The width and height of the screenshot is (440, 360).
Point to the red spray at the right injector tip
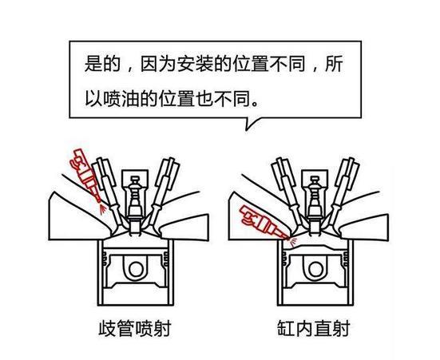click(288, 237)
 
